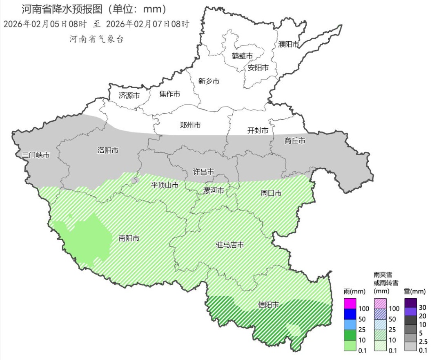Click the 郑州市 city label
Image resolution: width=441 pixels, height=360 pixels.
[x=190, y=125]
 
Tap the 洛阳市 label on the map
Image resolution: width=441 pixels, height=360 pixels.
[x=108, y=150]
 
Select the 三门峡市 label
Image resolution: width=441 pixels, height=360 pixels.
[x=36, y=155]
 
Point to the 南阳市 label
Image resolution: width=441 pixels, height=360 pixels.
[x=129, y=238]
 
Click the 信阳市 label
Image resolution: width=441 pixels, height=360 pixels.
[x=269, y=305]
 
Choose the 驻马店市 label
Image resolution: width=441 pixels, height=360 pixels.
[x=230, y=245]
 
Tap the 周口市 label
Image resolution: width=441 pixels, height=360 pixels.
[x=271, y=193]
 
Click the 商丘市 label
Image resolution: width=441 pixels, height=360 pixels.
[x=295, y=141]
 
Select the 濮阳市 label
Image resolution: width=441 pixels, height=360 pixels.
[x=289, y=44]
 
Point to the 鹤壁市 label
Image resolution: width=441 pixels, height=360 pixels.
[x=242, y=56]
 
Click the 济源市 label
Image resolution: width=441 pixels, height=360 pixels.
[x=129, y=96]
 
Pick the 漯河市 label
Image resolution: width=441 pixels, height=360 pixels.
[x=214, y=190]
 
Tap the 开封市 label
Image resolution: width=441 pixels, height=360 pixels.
[x=258, y=130]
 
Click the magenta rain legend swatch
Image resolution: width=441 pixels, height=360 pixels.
[x=350, y=304]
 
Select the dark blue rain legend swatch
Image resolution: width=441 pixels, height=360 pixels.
[x=350, y=314]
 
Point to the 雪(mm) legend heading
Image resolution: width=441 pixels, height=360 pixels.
[x=415, y=291]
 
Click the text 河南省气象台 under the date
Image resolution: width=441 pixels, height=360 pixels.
[x=96, y=39]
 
